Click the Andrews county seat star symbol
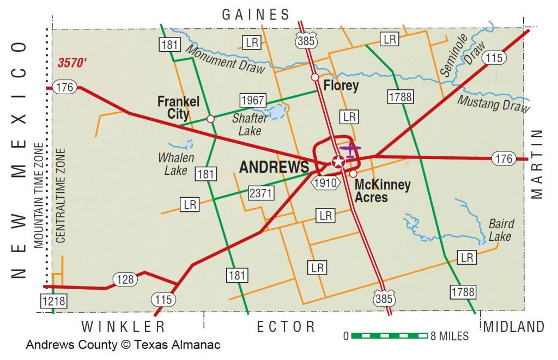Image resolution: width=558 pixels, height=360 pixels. tap(338, 161)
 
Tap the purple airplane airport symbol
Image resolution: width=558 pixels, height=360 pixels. tap(350, 149)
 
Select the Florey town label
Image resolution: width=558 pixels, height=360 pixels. tap(341, 86)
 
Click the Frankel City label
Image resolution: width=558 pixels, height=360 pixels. tap(178, 107)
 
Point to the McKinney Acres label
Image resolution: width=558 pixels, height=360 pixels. tap(382, 191)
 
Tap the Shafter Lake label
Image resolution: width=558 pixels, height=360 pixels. tap(250, 124)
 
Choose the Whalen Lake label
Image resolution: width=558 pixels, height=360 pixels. tap(176, 164)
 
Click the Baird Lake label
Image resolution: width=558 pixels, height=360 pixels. tap(501, 230)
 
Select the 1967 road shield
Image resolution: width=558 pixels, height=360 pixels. tap(252, 101)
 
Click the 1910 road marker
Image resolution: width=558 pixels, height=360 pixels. tap(326, 183)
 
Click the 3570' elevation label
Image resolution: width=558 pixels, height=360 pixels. tap(72, 63)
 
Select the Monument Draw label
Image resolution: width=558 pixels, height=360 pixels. tap(225, 58)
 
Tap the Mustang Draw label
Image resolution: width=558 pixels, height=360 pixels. tap(493, 103)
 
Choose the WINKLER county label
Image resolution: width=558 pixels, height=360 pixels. tap(123, 327)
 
